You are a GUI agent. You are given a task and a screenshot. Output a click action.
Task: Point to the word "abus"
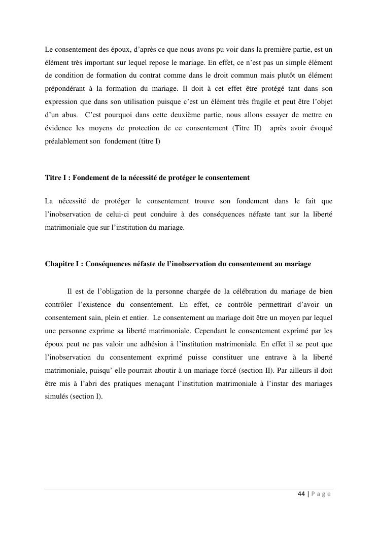69,115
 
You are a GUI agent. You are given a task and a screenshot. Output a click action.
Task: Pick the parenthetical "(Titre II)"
247,128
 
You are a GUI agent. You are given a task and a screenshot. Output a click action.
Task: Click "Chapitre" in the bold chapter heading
59,264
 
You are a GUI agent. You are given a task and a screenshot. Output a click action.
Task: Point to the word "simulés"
56,397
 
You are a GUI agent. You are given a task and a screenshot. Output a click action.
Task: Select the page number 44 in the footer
301,494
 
